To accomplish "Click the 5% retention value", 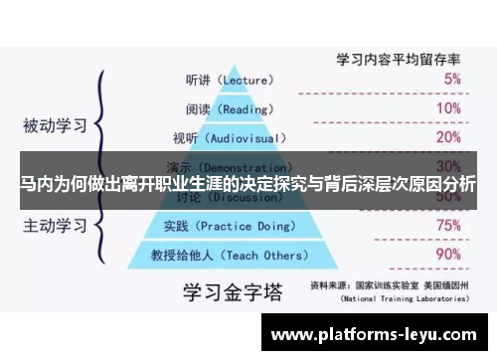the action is point(451,78).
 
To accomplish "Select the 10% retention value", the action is point(448,107).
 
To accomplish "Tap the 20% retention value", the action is point(448,136).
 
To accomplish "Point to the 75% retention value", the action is point(448,225).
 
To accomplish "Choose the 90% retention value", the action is point(448,255).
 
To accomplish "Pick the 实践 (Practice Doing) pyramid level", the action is point(224,226).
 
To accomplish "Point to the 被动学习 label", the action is point(55,126).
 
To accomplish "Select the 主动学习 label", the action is point(55,226).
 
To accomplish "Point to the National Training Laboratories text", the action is point(403,296).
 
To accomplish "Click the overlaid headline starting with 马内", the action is point(248,184).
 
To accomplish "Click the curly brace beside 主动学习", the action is point(100,226).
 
